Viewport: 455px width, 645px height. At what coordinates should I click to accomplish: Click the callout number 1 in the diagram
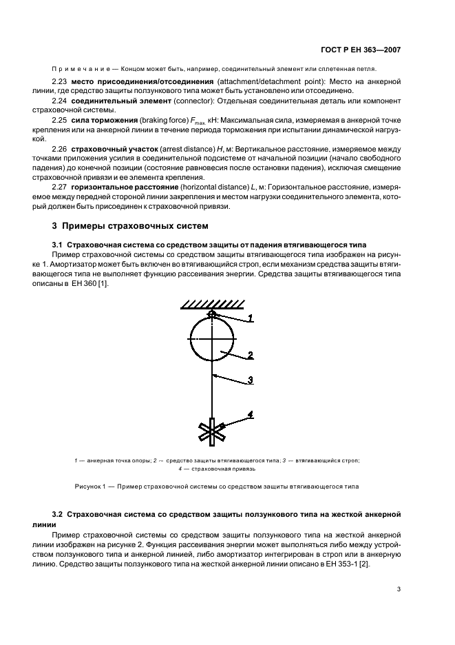(x=251, y=318)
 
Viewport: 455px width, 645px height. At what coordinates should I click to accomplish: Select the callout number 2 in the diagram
(x=251, y=356)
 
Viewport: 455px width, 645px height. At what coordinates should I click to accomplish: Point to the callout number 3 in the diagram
(x=251, y=380)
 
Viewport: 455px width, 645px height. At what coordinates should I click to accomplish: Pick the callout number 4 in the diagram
(x=251, y=414)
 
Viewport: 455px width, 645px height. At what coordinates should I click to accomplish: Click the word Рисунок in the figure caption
(x=89, y=487)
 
